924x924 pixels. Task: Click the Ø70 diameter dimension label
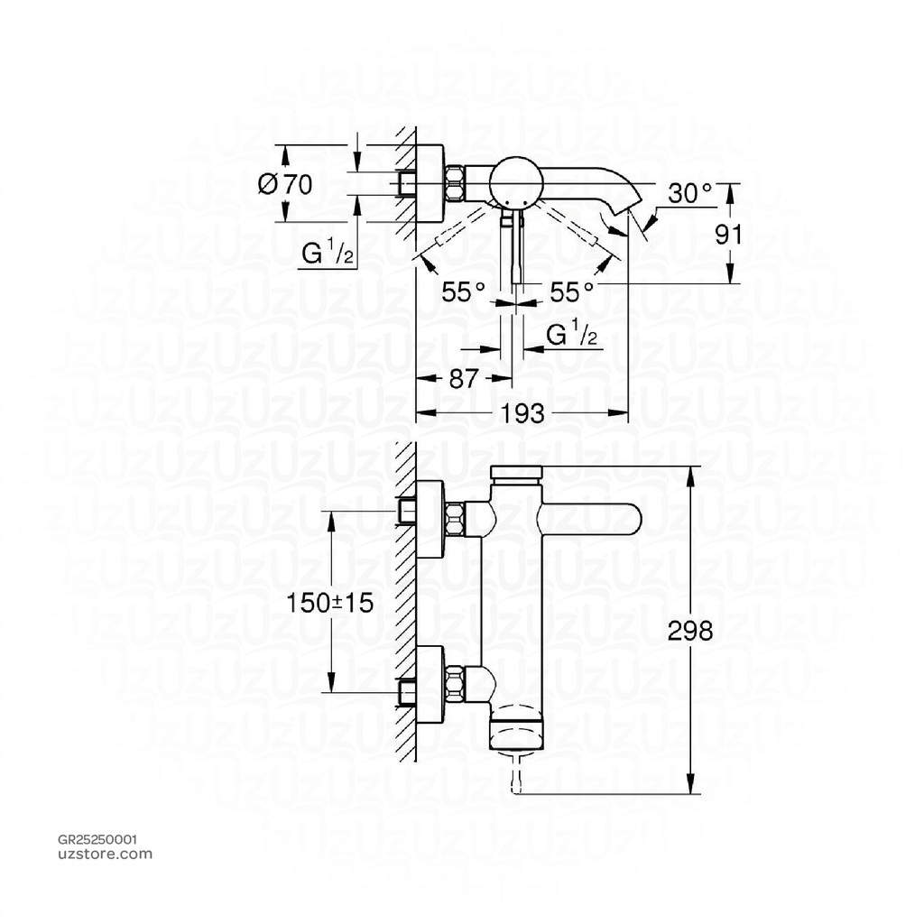(x=284, y=185)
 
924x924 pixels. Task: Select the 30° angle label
(x=690, y=193)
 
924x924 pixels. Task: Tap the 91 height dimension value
(x=727, y=235)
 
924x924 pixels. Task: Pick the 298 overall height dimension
(x=690, y=630)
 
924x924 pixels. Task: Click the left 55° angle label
(x=464, y=291)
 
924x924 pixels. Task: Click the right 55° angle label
(x=571, y=291)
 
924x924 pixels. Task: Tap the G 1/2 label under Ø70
(x=328, y=254)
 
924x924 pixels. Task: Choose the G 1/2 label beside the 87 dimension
(x=572, y=336)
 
